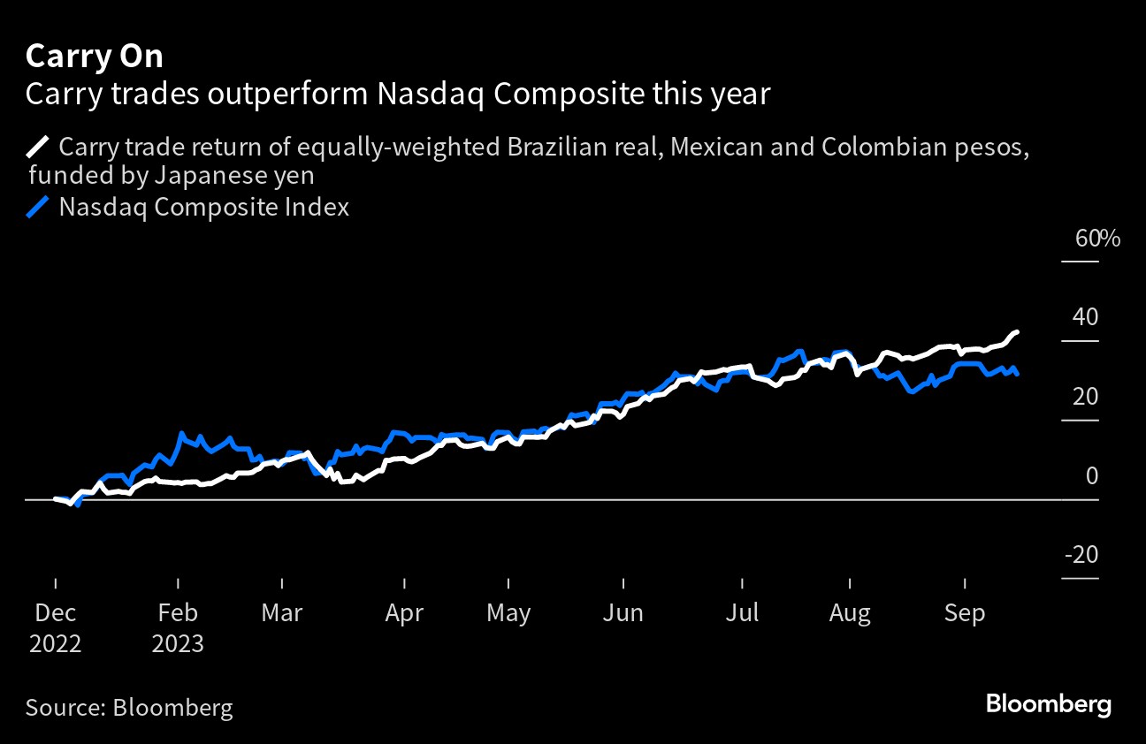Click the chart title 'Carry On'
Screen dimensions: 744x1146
[x=95, y=57]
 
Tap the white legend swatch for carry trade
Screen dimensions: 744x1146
[x=39, y=146]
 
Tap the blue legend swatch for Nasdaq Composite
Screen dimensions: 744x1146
[x=39, y=208]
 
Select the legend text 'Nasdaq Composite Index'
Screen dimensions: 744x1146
[x=203, y=208]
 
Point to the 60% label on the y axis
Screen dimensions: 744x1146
[x=1097, y=239]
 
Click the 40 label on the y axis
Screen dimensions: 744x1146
[x=1086, y=317]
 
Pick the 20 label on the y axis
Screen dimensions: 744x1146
[x=1086, y=397]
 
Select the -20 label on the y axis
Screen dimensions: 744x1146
[x=1081, y=555]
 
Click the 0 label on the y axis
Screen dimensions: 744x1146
[x=1091, y=476]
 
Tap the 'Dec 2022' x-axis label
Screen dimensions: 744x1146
[x=55, y=627]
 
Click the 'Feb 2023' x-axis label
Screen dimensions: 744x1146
[x=178, y=627]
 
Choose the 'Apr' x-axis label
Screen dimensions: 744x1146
[x=404, y=613]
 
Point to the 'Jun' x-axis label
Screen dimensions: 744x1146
[x=623, y=613]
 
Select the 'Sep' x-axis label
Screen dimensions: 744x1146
[x=964, y=613]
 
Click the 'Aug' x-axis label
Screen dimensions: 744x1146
[x=850, y=613]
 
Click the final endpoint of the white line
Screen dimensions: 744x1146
[x=1018, y=331]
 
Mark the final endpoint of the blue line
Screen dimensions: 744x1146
[x=1018, y=375]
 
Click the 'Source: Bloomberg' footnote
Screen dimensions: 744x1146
[x=129, y=707]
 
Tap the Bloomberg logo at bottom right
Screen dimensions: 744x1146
[x=1048, y=705]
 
